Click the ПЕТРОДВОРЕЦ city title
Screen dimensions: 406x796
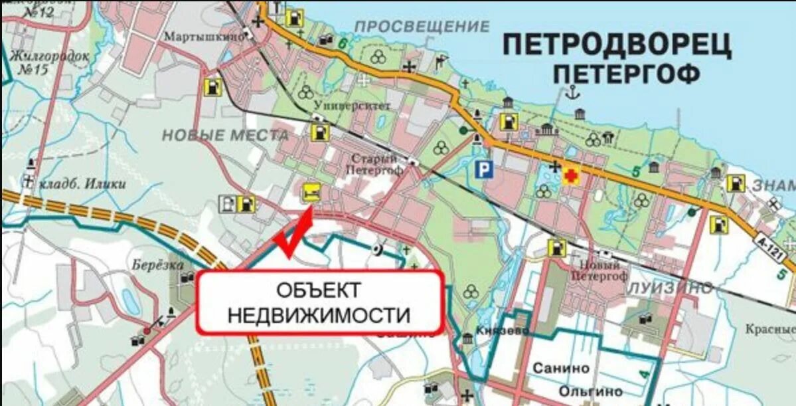point(617,46)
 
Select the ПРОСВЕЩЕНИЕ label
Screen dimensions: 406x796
point(422,27)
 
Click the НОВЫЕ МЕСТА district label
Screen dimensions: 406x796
point(226,136)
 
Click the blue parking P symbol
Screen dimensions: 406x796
point(484,169)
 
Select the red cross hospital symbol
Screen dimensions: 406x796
point(570,176)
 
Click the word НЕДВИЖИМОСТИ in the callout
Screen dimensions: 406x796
point(319,315)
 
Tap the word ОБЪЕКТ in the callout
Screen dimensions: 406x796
point(319,290)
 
